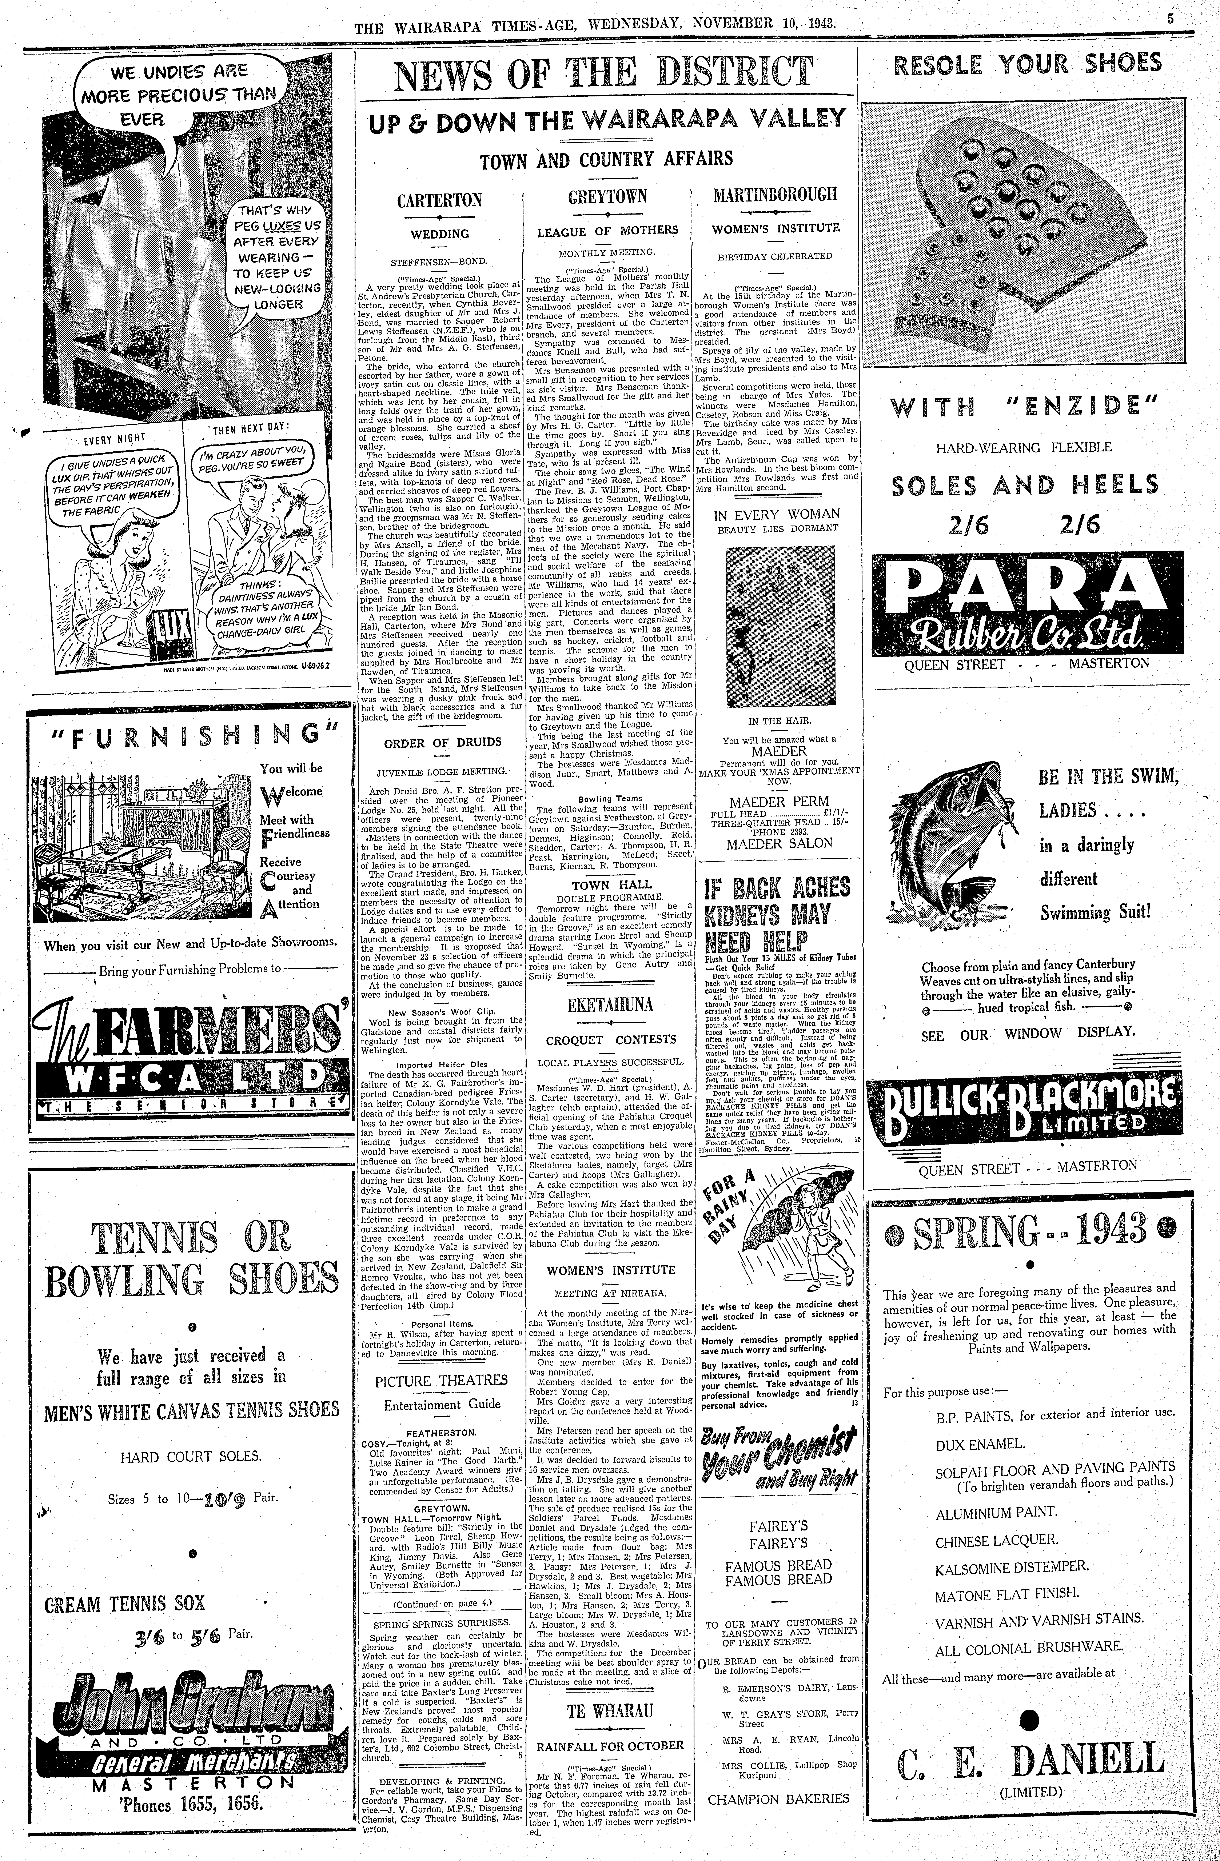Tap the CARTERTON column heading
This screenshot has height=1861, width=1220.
click(x=439, y=200)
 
